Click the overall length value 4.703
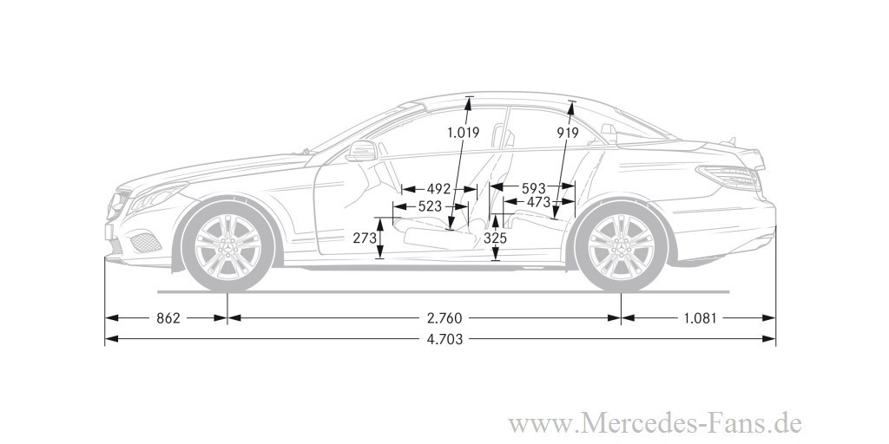444,339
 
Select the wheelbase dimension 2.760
444,318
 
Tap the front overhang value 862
168,318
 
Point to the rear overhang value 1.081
700,318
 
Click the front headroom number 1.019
464,133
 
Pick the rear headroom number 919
568,133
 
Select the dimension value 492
438,188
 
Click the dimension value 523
430,206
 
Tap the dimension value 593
533,188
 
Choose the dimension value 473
538,201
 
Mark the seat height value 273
365,238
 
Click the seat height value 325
496,238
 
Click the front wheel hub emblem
227,246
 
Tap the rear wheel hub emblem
622,246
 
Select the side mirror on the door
361,151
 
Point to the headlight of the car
158,198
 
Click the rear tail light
728,177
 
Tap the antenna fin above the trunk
731,140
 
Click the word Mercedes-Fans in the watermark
668,424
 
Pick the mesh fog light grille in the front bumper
146,243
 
